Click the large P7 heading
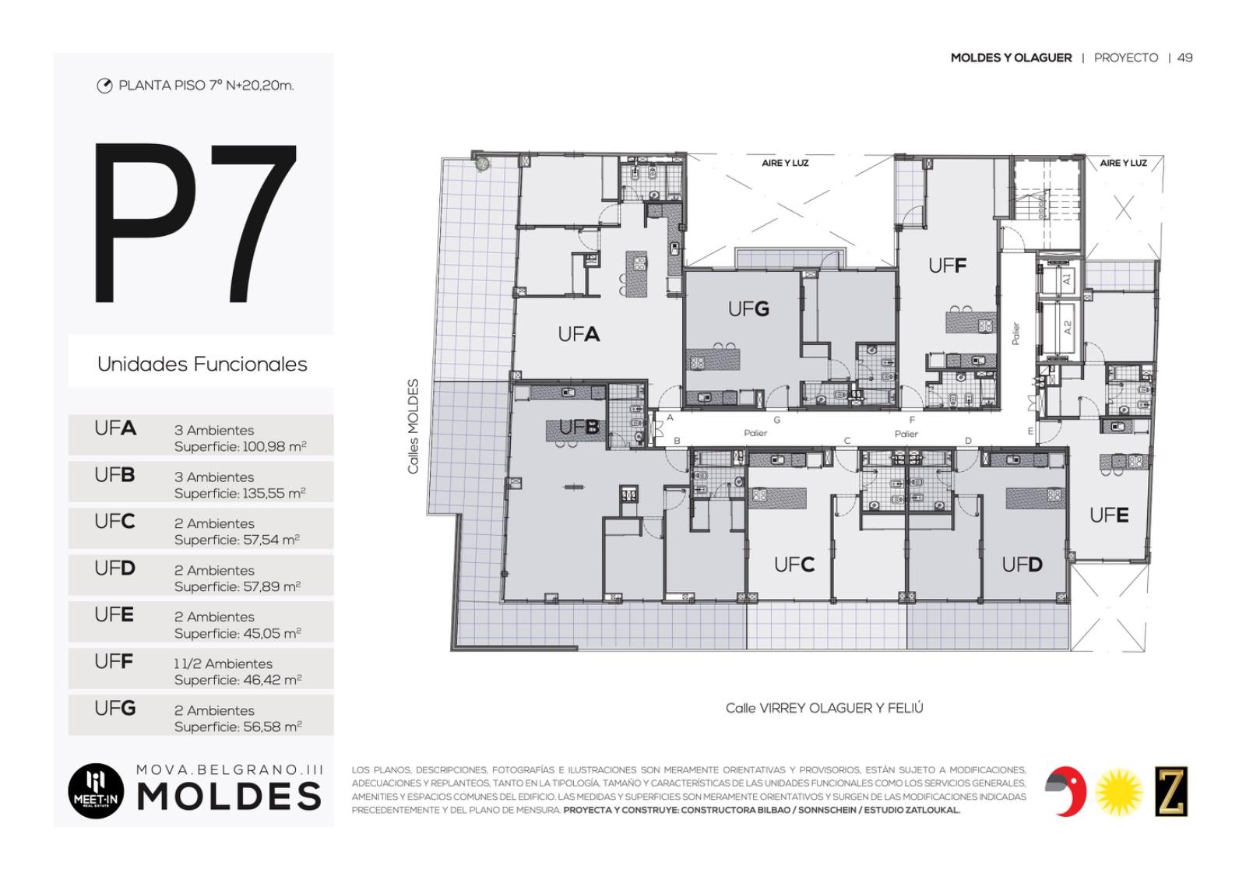195,223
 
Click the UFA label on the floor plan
579,334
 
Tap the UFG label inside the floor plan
748,308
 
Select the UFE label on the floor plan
1109,516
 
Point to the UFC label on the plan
794,565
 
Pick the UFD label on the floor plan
1022,565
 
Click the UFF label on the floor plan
947,266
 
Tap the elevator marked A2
1060,328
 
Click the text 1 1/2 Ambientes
223,664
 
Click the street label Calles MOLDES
413,427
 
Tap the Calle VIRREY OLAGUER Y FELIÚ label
825,708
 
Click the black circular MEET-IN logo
96,790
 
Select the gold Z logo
1171,791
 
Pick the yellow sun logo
1119,792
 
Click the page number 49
1184,58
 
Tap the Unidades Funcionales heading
202,364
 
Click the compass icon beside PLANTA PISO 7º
104,86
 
